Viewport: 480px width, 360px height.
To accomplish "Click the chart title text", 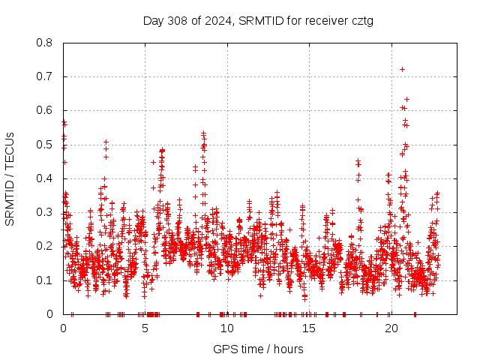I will (258, 21).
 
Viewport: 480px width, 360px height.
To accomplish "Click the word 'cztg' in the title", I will (360, 21).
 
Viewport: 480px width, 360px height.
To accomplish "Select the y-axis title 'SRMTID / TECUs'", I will (10, 178).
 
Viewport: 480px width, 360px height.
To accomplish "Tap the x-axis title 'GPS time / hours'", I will (258, 349).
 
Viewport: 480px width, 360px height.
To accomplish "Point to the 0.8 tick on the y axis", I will (46, 43).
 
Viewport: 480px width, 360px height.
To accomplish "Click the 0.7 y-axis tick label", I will (46, 76).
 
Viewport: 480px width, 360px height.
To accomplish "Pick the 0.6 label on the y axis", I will (46, 110).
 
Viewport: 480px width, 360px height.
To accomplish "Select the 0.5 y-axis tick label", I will (46, 145).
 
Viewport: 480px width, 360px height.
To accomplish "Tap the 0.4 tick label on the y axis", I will (46, 178).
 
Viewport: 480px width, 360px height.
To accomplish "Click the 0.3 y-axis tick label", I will (46, 212).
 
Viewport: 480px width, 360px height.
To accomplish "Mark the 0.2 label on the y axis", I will (46, 246).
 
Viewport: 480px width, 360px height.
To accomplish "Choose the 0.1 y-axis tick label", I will (46, 280).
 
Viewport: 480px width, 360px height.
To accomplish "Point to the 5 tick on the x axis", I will (145, 328).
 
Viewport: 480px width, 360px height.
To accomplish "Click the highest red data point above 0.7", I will (403, 69).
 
